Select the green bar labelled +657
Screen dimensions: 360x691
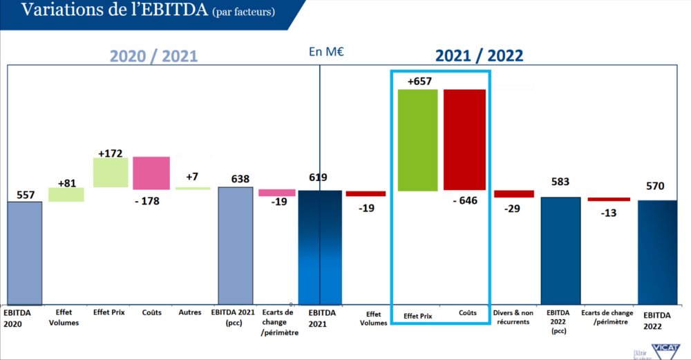(417, 140)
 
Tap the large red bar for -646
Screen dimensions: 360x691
(464, 140)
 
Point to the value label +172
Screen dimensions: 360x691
(110, 151)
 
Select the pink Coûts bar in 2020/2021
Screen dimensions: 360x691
(151, 173)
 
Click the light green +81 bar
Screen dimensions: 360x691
(66, 195)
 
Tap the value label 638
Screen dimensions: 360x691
(236, 179)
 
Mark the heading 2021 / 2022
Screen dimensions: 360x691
(479, 56)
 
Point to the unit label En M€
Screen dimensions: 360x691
(321, 51)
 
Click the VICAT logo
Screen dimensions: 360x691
(665, 350)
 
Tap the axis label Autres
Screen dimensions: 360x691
(189, 312)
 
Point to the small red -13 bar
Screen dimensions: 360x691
(609, 199)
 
